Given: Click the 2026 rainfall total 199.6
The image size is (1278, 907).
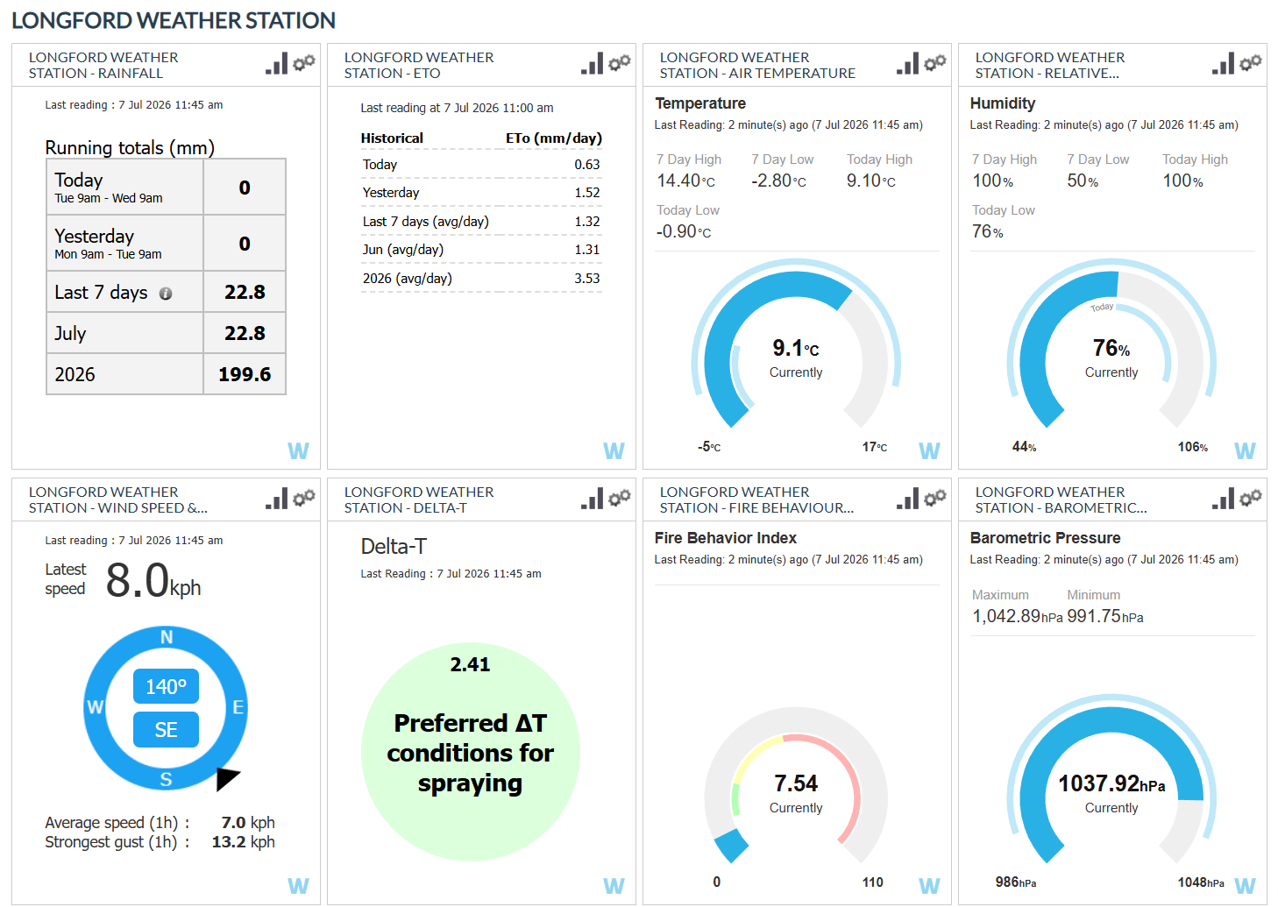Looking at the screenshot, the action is click(245, 374).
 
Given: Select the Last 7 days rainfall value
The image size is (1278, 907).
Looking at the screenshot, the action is click(245, 292).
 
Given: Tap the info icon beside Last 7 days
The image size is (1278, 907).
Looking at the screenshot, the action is click(166, 294).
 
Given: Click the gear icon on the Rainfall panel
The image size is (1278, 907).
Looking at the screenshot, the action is click(304, 62).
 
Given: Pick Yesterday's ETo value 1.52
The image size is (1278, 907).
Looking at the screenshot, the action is click(587, 193).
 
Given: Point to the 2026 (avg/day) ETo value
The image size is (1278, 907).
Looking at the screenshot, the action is click(587, 279).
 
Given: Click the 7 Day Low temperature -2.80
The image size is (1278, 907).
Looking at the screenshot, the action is click(778, 181).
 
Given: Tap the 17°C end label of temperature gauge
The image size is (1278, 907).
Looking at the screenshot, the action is click(874, 447).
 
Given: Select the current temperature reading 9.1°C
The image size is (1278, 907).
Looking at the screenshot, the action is click(796, 348).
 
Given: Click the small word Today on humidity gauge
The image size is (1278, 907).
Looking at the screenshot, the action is click(1102, 308).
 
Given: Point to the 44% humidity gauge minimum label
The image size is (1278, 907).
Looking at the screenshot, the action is click(1024, 447).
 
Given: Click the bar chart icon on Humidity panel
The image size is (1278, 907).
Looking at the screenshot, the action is click(1224, 63).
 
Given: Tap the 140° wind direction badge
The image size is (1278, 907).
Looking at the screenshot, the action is click(166, 686).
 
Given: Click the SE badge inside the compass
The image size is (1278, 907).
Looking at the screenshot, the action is click(166, 730).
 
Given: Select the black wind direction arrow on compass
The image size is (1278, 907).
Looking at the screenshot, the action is click(226, 778).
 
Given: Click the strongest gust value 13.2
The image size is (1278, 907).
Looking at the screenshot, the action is click(229, 842).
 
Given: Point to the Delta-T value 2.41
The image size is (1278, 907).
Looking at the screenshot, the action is click(470, 664).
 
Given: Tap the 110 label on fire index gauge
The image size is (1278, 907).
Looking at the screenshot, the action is click(872, 882).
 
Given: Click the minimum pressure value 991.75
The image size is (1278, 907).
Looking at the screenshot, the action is click(1094, 616).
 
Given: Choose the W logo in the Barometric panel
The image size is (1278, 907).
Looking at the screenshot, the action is click(1245, 886).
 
